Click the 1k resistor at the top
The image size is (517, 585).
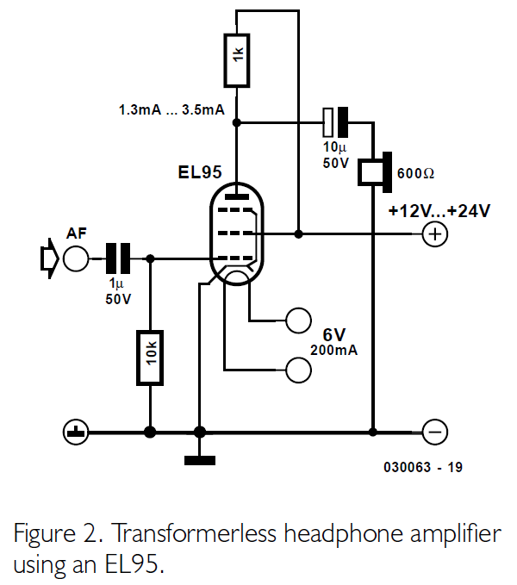click(x=237, y=61)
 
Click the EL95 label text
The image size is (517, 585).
click(x=200, y=173)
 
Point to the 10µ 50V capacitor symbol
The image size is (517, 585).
click(x=335, y=122)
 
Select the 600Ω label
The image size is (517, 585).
click(x=416, y=172)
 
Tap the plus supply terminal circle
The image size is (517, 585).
click(x=436, y=233)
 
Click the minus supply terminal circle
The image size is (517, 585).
click(x=436, y=431)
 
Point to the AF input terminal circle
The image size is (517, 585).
click(x=76, y=257)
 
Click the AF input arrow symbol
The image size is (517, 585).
click(x=48, y=257)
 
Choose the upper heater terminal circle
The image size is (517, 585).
click(x=298, y=320)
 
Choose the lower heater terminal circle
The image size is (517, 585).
click(x=298, y=369)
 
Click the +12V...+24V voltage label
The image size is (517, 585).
click(x=439, y=211)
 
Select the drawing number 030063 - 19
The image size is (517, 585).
click(x=424, y=468)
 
